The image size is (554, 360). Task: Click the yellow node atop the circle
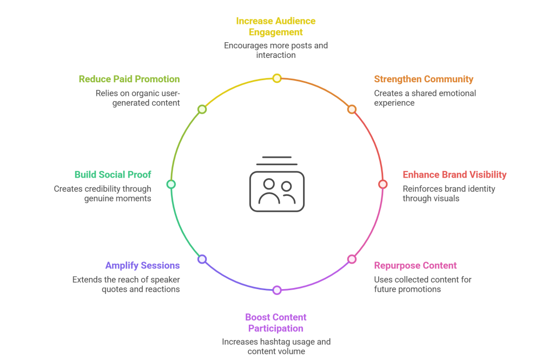pos(277,78)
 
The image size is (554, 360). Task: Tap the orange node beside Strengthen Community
pos(352,109)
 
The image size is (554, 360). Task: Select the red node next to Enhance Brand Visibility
pos(382,184)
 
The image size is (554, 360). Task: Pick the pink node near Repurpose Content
pos(352,259)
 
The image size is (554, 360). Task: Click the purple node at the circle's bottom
pos(277,290)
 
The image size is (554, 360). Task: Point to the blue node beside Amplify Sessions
pos(202,259)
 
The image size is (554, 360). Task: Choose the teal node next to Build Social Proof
pos(171,184)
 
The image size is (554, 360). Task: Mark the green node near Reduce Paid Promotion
pos(202,109)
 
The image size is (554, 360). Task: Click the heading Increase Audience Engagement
pos(276,27)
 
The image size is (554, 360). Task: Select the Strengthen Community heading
pos(424,80)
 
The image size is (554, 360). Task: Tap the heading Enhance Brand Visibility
pos(454,175)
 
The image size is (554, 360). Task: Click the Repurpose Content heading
pos(415,266)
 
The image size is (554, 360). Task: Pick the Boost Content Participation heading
pos(276,323)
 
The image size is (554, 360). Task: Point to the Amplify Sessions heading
pos(142,266)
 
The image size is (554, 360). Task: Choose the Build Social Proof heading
pos(113,175)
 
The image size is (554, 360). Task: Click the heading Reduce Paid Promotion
pos(129,80)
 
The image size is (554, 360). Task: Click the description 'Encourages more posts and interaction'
pos(276,50)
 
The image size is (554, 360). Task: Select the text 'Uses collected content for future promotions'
pos(422,284)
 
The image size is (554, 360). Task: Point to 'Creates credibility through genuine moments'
pos(103,194)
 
